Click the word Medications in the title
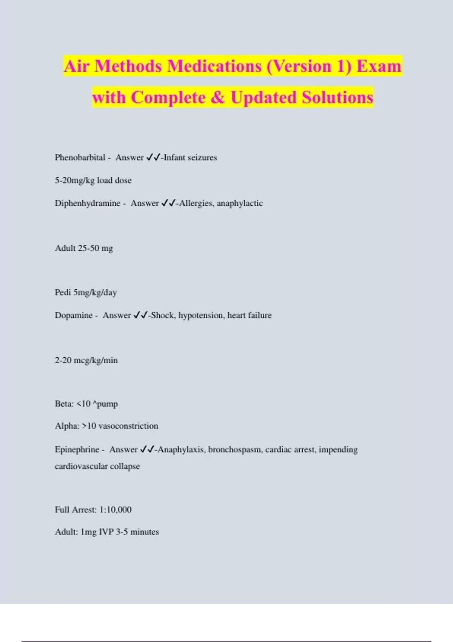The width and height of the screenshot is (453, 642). [214, 66]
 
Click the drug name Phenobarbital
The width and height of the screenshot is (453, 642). [80, 157]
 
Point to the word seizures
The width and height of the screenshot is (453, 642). [202, 157]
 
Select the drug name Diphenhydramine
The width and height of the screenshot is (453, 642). [88, 203]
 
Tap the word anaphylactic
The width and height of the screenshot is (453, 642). [240, 203]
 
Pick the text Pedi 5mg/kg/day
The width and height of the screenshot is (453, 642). [86, 292]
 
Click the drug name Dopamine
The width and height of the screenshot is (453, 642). [74, 315]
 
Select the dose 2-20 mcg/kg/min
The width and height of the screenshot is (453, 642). [86, 360]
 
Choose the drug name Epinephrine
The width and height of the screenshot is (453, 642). [77, 449]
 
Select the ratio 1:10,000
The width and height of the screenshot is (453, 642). [116, 510]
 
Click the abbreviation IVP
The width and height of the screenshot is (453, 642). [106, 532]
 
